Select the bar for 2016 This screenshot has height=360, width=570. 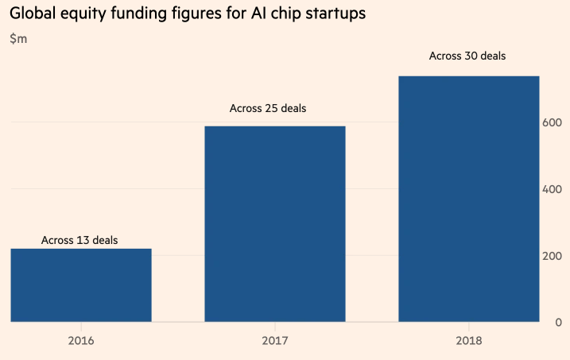point(80,285)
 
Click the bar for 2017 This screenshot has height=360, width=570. point(275,224)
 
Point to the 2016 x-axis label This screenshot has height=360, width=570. point(81,341)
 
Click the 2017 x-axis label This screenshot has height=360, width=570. point(275,341)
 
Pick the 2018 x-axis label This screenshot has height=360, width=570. point(469,341)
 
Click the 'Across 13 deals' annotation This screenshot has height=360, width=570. point(80,239)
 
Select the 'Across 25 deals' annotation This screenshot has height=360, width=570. point(268,108)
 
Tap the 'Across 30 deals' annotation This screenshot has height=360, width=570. point(467,56)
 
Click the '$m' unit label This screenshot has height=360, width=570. point(18,39)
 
